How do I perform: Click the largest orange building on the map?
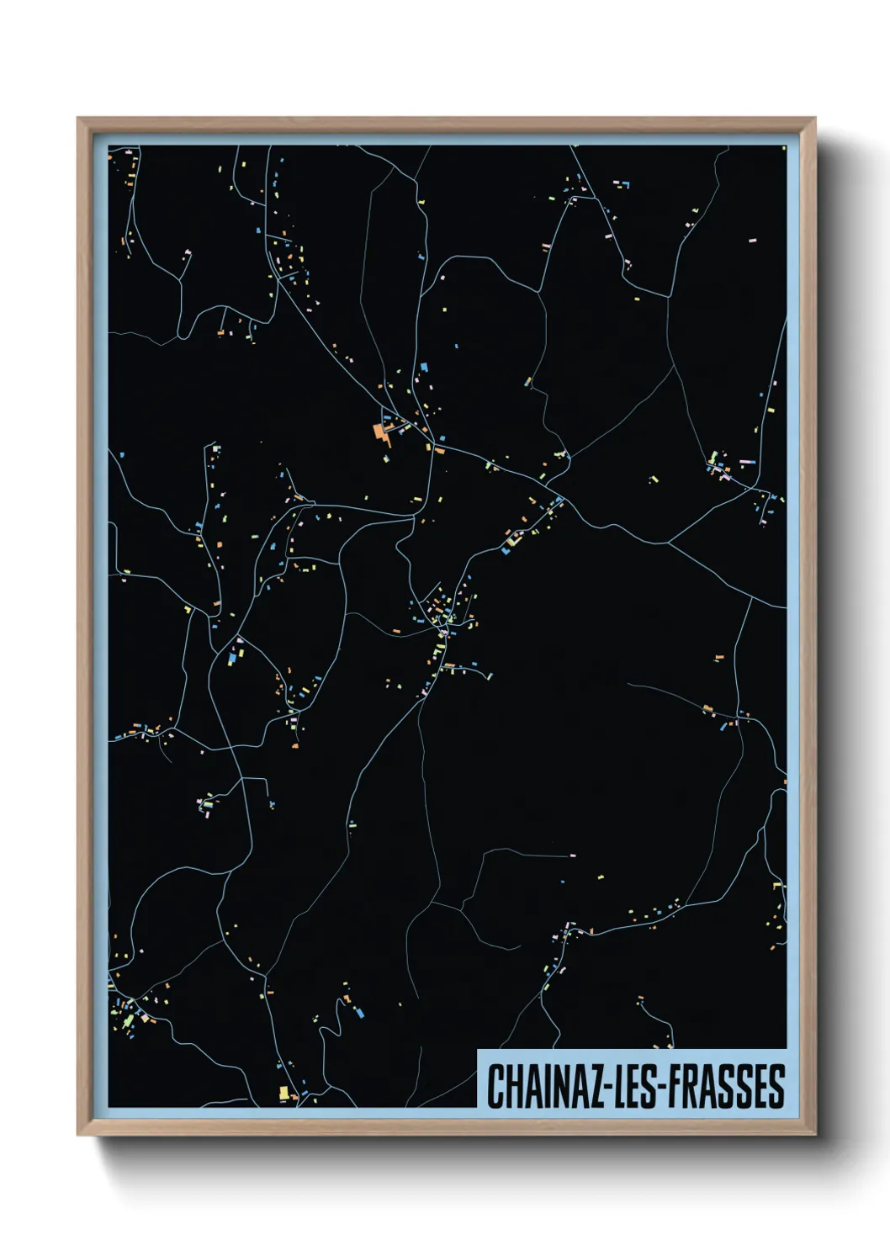(380, 432)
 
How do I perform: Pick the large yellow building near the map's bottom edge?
(284, 1093)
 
